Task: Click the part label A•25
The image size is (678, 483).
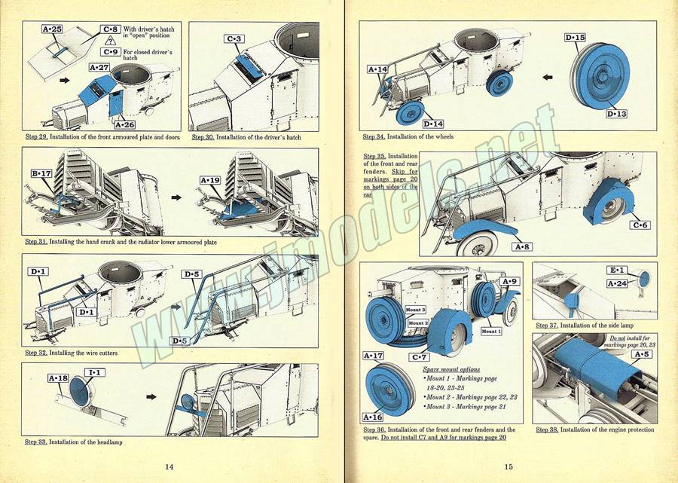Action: (x=52, y=29)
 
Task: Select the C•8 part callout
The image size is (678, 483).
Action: (x=111, y=29)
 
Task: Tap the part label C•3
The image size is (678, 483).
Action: (x=234, y=38)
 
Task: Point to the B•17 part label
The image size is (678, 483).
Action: (x=41, y=173)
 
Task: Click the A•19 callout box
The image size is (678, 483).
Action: (x=211, y=180)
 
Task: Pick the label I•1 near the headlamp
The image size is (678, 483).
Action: (x=96, y=373)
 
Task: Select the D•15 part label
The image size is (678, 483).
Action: (x=575, y=37)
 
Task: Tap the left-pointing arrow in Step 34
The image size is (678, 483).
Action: (x=548, y=76)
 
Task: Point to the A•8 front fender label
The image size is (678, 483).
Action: (x=522, y=246)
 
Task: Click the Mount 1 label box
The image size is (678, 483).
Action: (x=490, y=331)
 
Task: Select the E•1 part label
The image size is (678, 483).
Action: (x=618, y=271)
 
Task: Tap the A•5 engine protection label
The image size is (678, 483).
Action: (x=642, y=353)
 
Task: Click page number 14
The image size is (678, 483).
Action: (x=169, y=466)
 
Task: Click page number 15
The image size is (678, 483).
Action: (x=509, y=466)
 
